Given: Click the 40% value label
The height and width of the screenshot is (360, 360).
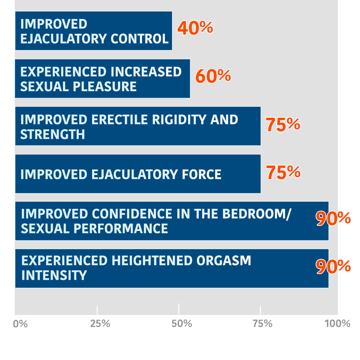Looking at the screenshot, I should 195,28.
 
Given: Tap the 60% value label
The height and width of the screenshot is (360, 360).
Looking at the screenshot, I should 213,76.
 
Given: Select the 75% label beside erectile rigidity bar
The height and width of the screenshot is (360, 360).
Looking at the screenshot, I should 283,124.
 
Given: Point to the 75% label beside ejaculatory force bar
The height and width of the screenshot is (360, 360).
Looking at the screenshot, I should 283,172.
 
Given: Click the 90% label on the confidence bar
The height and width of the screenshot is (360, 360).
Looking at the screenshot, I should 333,218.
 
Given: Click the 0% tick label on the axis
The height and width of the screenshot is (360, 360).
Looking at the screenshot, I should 20,323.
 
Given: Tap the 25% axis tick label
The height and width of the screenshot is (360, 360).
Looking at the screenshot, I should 100,323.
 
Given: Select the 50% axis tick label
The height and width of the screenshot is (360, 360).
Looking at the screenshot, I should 182,323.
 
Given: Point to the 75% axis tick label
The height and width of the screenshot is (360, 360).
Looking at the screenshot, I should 263,323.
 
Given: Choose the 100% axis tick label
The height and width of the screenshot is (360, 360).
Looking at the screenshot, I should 337,323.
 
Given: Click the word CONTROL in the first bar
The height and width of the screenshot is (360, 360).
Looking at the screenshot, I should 140,39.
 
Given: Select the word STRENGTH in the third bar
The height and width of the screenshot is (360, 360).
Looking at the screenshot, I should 53,134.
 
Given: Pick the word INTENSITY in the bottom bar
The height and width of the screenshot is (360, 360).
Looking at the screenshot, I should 54,275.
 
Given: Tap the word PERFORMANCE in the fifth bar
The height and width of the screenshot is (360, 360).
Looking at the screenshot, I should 121,229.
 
